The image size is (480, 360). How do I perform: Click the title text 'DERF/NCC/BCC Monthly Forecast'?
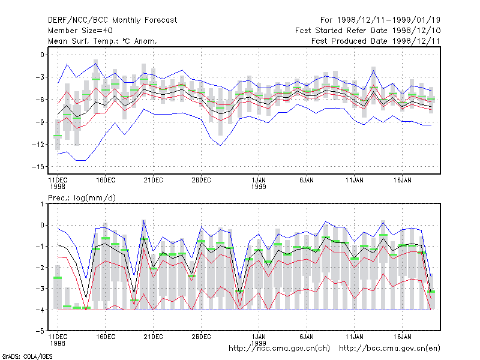click(x=112, y=20)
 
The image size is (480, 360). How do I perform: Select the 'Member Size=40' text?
click(x=80, y=31)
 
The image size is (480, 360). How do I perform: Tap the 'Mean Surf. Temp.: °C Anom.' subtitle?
click(x=103, y=41)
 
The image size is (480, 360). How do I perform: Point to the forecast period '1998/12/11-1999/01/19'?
click(x=388, y=20)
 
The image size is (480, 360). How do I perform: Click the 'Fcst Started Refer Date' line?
click(x=341, y=31)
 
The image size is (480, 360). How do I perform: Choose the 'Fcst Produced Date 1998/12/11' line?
click(x=376, y=41)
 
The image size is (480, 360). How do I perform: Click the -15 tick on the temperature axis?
click(x=38, y=167)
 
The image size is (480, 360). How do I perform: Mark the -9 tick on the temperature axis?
click(x=40, y=122)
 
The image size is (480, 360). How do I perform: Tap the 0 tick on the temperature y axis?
click(x=42, y=55)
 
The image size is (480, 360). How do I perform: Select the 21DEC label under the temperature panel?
click(x=154, y=181)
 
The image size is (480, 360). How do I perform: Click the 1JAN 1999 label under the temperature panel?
click(x=259, y=184)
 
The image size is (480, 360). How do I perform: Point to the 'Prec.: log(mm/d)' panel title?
click(x=82, y=198)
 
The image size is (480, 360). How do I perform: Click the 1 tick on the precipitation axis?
click(x=42, y=204)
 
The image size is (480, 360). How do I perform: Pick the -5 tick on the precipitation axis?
click(x=40, y=331)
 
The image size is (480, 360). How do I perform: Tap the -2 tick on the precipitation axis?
click(x=40, y=268)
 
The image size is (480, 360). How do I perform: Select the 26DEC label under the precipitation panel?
click(x=201, y=337)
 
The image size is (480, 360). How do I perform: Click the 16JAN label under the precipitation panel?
click(x=402, y=337)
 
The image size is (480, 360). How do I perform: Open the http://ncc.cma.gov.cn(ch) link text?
click(x=279, y=349)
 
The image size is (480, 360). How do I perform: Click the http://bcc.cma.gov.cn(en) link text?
click(x=389, y=349)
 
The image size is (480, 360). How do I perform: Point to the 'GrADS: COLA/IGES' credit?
click(x=27, y=356)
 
